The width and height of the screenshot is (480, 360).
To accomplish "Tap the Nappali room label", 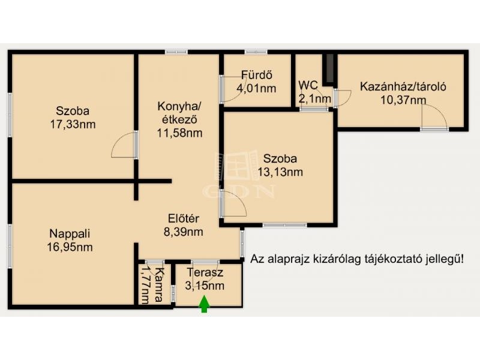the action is point(70,233).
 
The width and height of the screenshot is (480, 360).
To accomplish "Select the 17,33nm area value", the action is point(73,124).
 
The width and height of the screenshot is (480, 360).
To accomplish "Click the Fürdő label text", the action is point(257,75).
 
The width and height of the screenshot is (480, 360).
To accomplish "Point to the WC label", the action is point(308,85).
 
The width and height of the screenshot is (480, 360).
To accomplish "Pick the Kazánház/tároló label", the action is point(403,86).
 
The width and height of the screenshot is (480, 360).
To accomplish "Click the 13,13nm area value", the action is point(280,172).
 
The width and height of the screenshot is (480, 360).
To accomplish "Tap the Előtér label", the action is point(184,218).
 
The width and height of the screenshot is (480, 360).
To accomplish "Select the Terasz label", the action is point(205,272).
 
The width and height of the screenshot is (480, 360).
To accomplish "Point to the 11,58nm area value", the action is point(179,133).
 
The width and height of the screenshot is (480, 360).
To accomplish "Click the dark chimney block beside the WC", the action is point(329,68).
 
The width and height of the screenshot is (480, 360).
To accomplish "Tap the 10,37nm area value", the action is point(403,100).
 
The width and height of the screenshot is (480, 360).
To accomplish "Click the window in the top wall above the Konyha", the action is point(176,52).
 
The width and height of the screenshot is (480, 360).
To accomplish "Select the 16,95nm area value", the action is point(70,247).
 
